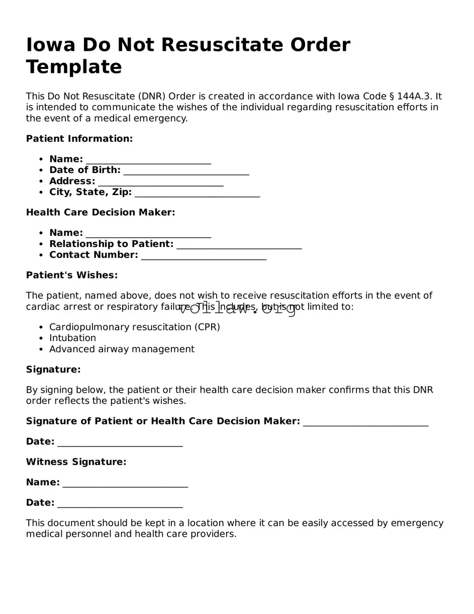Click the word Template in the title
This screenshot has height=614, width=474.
coord(74,67)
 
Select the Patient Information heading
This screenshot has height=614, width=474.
coord(79,139)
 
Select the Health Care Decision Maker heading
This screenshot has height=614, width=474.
coord(101,213)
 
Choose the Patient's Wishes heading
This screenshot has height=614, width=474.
coord(72,276)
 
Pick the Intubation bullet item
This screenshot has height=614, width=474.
coord(72,338)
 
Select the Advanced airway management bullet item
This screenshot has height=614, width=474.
coord(122,349)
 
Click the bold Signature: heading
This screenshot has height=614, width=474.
coord(53,370)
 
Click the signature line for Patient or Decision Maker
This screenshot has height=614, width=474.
coord(365,423)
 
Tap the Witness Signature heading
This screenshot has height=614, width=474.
coord(76,462)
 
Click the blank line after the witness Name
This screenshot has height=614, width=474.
coord(125,484)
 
